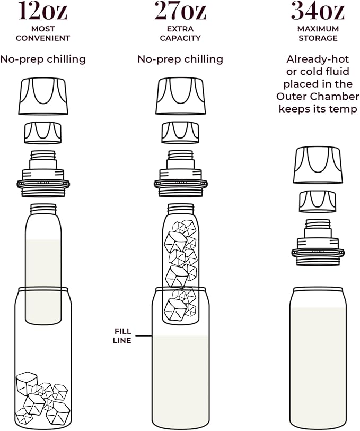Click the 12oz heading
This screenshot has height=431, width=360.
[43, 11]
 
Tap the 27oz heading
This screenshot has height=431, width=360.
[180, 11]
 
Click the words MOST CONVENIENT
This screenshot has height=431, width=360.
[43, 33]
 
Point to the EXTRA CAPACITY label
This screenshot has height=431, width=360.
[180, 33]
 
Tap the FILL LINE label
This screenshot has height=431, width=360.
[122, 336]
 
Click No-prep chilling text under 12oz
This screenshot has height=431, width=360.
[43, 59]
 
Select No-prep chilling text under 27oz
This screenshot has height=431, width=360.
[180, 59]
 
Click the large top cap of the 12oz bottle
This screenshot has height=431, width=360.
[43, 96]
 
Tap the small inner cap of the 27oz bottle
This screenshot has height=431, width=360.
[180, 132]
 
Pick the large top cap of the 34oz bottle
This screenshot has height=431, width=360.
[318, 166]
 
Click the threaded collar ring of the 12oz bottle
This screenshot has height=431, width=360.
[43, 183]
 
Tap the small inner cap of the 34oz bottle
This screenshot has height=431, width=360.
[318, 201]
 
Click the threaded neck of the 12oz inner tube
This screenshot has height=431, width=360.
[43, 209]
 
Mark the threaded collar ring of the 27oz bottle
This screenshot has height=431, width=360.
[180, 183]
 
